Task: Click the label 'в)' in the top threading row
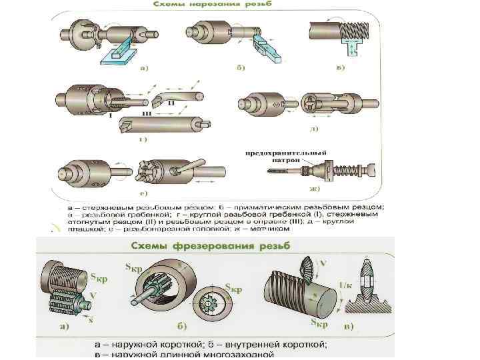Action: (340, 68)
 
